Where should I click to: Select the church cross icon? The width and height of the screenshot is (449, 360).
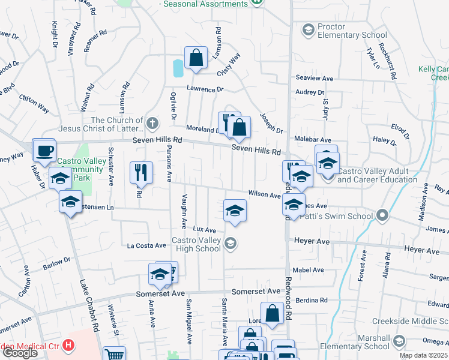pos(153,124)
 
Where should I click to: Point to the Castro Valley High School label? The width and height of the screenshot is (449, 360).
pos(196,245)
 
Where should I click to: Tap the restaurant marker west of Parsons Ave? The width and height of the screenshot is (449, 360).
pos(140,172)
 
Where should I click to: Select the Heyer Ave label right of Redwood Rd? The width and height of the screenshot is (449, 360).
pos(421,248)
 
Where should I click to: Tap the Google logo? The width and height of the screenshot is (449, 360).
pos(20,353)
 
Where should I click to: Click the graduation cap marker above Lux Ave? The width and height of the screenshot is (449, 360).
pos(235,210)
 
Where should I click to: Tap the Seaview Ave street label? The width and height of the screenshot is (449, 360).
pos(315,79)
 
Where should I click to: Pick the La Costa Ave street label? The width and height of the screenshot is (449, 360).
pos(146,245)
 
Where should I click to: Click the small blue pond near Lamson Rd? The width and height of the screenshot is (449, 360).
pos(178,68)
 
